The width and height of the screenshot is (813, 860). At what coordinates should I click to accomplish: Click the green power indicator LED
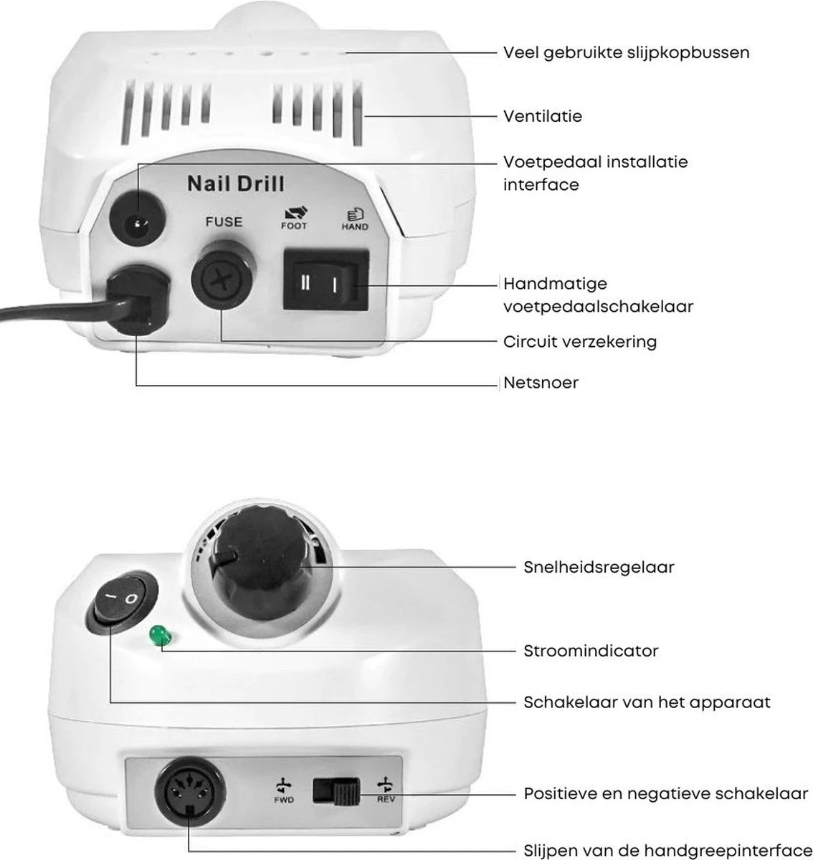coord(156,635)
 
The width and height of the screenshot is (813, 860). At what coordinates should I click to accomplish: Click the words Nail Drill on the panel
coord(235,184)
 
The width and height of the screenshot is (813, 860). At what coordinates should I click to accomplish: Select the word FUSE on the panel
coord(224,221)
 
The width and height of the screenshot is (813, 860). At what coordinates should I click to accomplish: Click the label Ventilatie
coord(543,115)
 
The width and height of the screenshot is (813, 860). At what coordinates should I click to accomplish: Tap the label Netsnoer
coord(541,383)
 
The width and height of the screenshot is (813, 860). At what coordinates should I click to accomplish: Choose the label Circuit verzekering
coord(580,341)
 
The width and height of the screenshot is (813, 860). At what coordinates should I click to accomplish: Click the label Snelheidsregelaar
coord(599,568)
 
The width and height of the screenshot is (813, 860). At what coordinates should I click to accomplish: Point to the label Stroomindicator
coord(591,651)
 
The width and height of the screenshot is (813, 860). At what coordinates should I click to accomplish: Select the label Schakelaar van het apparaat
coord(647,702)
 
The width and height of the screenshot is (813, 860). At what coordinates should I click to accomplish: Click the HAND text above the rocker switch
coord(354,226)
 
